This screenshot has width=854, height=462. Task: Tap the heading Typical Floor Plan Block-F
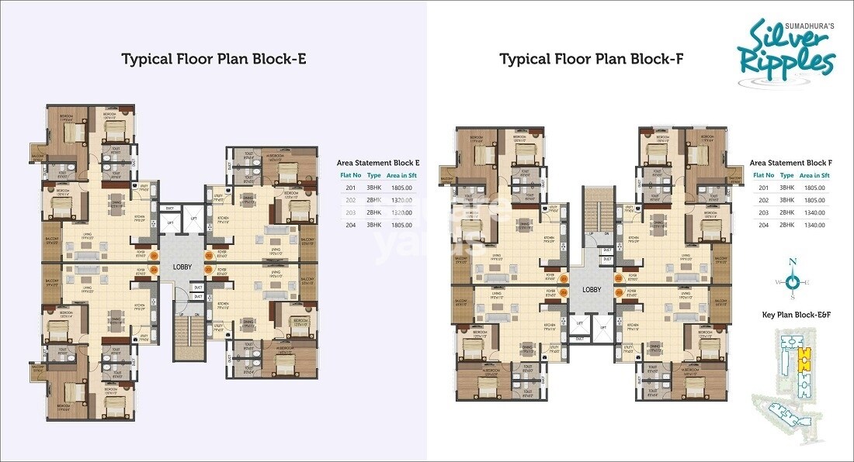click(591, 60)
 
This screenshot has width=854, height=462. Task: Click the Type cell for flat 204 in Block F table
click(786, 225)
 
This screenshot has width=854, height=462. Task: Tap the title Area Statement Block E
click(378, 163)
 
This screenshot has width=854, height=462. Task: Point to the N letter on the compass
click(793, 262)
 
